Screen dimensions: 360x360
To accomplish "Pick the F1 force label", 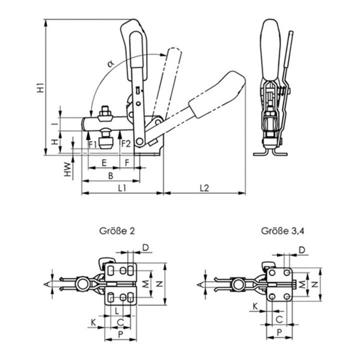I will pyautogui.click(x=92, y=144).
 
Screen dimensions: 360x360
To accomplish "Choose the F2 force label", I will pyautogui.click(x=125, y=144).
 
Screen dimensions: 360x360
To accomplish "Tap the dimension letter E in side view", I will pyautogui.click(x=103, y=162).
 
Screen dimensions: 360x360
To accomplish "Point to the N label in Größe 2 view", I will pyautogui.click(x=159, y=283).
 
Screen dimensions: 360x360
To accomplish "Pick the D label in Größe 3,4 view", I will pyautogui.click(x=302, y=249).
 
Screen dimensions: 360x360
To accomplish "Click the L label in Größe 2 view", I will pyautogui.click(x=116, y=310).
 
